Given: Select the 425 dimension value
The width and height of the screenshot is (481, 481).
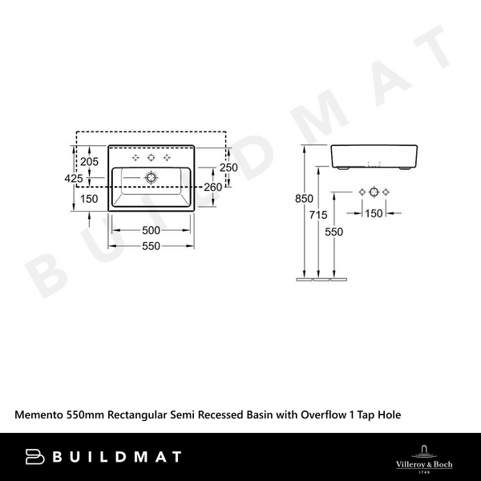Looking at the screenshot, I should coord(74,180).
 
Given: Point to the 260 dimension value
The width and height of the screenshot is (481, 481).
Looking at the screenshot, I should coord(213,187).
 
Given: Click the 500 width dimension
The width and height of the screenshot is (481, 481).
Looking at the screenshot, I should coord(152,231).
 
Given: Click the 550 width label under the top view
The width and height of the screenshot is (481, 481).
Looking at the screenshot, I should coord(152,246).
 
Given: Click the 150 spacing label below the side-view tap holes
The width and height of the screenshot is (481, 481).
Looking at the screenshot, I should coord(374,213).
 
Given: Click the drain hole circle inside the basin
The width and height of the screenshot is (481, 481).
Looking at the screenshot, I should coord(152,176).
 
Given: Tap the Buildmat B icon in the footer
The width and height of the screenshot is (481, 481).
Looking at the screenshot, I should coord(34,457).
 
